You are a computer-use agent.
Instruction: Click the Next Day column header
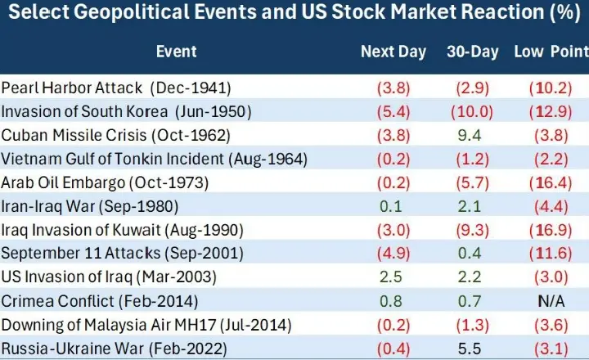(x=393, y=52)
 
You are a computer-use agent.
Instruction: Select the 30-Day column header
(x=473, y=52)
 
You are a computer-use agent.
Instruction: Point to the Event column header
(x=177, y=52)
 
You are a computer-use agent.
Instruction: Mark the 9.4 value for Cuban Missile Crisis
(x=473, y=135)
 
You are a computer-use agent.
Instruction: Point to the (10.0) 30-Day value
(x=473, y=111)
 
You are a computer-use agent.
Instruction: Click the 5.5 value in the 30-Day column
(x=473, y=348)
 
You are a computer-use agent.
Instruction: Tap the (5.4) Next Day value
(x=393, y=111)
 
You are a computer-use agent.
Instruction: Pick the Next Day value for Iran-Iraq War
(x=393, y=206)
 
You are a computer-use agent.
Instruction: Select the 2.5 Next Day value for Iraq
(x=393, y=277)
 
